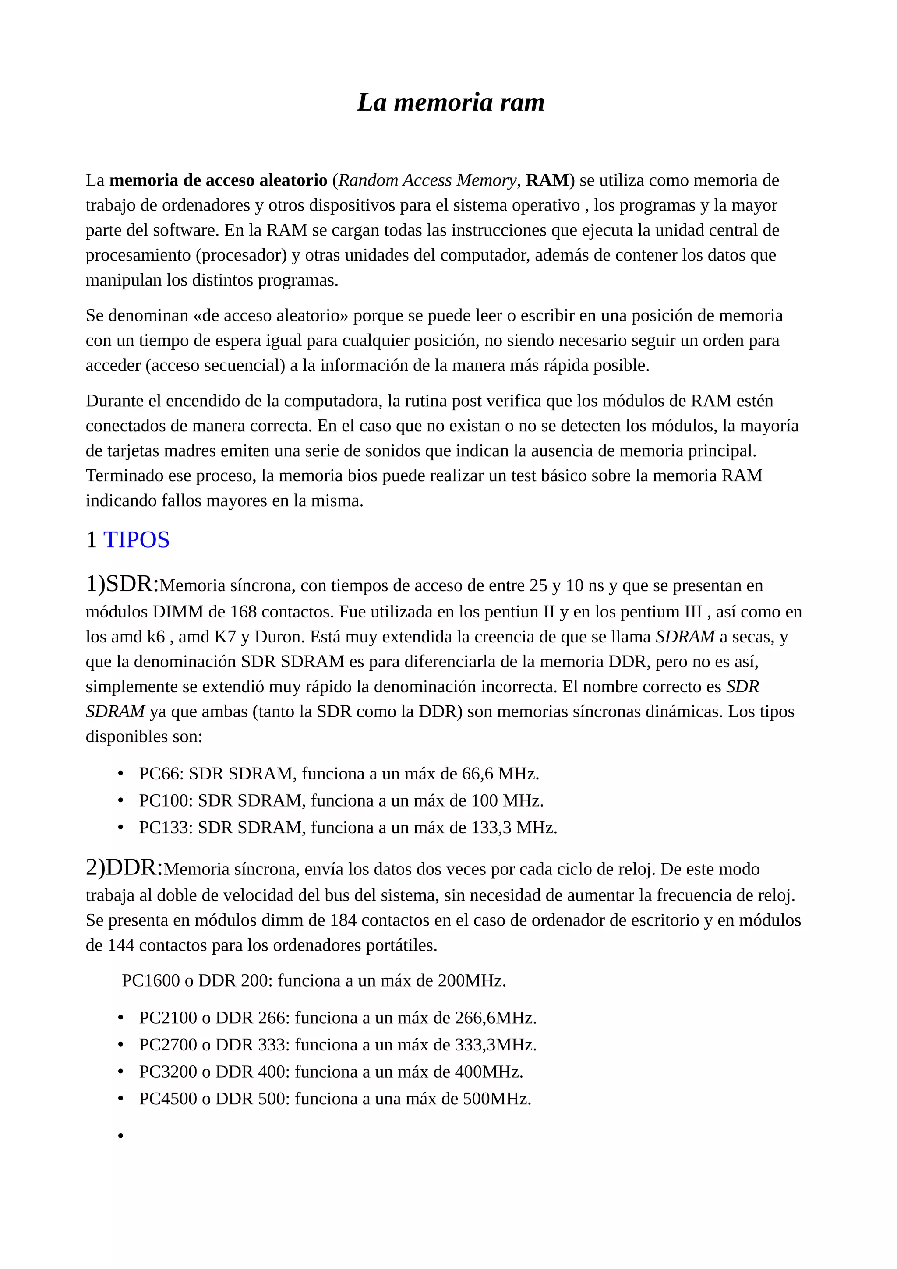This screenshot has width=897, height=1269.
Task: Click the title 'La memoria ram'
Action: coord(450,102)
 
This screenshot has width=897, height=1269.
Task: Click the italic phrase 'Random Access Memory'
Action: coord(427,180)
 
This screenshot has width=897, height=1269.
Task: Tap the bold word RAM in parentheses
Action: coord(547,180)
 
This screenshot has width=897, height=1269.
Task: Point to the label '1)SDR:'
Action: coord(122,584)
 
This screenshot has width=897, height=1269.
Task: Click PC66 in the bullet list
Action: coord(160,774)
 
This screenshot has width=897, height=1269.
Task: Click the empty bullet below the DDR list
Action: coord(120,1136)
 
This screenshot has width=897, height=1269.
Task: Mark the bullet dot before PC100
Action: coord(120,801)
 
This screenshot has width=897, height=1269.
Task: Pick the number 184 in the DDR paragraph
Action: coord(343,920)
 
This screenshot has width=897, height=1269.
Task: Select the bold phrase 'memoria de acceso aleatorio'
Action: coord(218,180)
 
